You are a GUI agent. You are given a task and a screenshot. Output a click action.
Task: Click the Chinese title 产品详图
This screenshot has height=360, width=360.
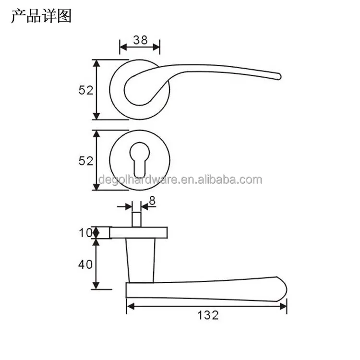tap(41, 16)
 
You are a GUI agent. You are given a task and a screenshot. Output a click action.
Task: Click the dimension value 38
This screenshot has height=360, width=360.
tap(140, 40)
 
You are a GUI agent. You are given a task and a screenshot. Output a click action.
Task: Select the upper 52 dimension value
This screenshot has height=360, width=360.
tap(86, 90)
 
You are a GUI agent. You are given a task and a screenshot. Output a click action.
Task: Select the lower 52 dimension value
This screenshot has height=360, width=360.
tap(86, 161)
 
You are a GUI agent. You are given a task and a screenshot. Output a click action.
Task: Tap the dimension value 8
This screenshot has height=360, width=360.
tap(152, 201)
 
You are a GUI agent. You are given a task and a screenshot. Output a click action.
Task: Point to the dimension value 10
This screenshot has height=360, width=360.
tap(85, 233)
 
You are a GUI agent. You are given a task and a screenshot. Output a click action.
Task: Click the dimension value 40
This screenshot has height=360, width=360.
tap(85, 264)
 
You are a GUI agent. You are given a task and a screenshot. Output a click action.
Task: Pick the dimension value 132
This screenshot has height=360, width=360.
tap(208, 315)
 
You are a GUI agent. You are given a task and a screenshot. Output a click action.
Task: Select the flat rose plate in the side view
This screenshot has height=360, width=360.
tap(139, 233)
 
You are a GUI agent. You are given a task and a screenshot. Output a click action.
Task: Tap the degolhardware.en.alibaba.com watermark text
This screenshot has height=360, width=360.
tap(180, 180)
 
